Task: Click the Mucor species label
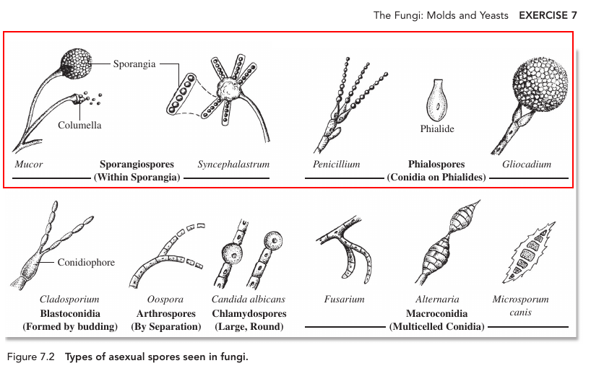[29, 165]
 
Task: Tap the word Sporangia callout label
[134, 64]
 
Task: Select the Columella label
[79, 126]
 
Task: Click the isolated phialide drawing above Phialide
[436, 100]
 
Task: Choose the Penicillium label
[336, 165]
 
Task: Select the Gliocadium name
[527, 165]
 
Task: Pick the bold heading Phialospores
[436, 165]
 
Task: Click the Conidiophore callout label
[86, 263]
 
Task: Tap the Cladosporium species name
[69, 300]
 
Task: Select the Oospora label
[165, 300]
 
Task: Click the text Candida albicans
[249, 300]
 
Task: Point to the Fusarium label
[345, 300]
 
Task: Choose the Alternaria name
[437, 300]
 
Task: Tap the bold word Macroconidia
[436, 314]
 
